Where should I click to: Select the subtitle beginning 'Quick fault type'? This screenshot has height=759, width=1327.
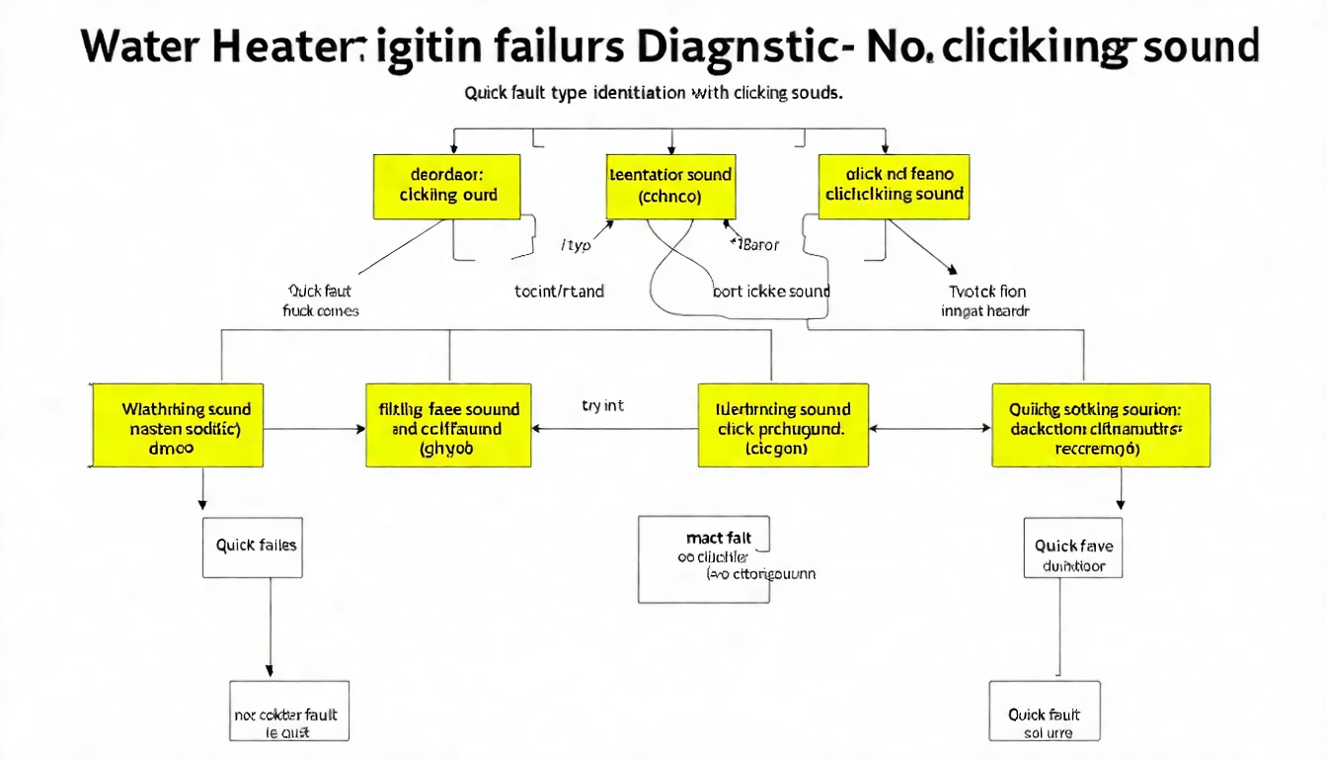pyautogui.click(x=653, y=94)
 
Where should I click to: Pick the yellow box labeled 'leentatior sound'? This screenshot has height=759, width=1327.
pyautogui.click(x=669, y=186)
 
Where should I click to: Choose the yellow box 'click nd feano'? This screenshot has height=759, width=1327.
pyautogui.click(x=894, y=186)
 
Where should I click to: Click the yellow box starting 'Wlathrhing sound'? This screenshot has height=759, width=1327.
pyautogui.click(x=178, y=426)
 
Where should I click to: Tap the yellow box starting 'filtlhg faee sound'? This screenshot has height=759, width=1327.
pyautogui.click(x=448, y=426)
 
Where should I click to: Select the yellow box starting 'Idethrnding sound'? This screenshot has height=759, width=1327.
pyautogui.click(x=783, y=426)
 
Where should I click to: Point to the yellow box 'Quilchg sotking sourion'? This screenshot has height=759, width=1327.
pyautogui.click(x=1100, y=426)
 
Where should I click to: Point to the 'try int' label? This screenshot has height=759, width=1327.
pyautogui.click(x=602, y=406)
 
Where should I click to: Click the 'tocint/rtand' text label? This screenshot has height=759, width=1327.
pyautogui.click(x=559, y=292)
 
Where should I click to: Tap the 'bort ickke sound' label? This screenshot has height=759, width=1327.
pyautogui.click(x=771, y=292)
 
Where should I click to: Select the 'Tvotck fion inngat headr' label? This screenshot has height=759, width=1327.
pyautogui.click(x=987, y=300)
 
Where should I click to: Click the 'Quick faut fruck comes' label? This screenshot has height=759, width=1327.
pyautogui.click(x=321, y=300)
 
